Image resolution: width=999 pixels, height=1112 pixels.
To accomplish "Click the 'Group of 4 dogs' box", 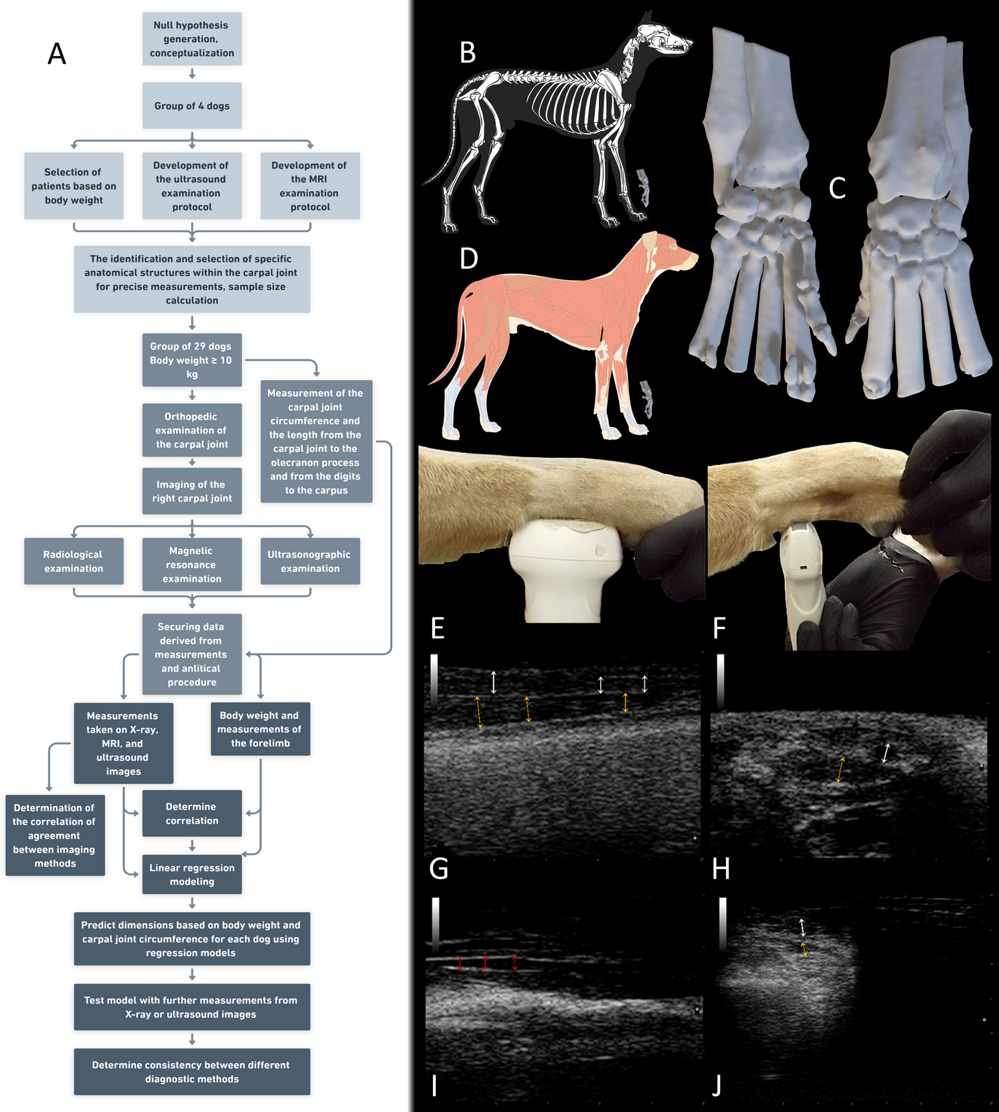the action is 192,106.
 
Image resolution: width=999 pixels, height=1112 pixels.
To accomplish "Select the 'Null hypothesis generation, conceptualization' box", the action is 192,39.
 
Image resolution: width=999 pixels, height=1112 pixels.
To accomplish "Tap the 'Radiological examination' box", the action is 74,561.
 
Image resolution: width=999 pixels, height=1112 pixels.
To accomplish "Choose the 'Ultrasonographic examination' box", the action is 310,561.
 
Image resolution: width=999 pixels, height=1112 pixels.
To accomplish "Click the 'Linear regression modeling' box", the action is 192,874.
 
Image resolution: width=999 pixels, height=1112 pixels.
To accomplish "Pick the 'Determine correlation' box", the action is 192,814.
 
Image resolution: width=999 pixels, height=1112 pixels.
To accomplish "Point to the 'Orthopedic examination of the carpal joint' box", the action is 192,430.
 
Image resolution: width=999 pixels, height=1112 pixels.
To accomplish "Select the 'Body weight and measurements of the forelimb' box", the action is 260,729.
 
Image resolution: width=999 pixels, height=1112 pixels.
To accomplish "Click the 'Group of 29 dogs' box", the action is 192,360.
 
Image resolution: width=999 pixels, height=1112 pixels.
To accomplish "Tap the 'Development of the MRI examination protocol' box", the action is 310,186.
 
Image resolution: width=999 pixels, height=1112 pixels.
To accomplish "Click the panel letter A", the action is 57,54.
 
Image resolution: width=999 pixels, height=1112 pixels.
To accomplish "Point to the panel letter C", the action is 837,188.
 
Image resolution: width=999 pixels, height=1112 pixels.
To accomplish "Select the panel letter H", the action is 721,869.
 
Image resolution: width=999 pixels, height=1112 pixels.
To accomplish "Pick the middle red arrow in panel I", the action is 486,963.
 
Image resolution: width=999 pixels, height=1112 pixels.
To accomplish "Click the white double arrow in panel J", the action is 802,927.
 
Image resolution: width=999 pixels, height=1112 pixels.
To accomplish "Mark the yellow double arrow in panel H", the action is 840,769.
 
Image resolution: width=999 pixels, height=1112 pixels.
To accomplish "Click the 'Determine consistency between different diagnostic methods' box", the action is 192,1072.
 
